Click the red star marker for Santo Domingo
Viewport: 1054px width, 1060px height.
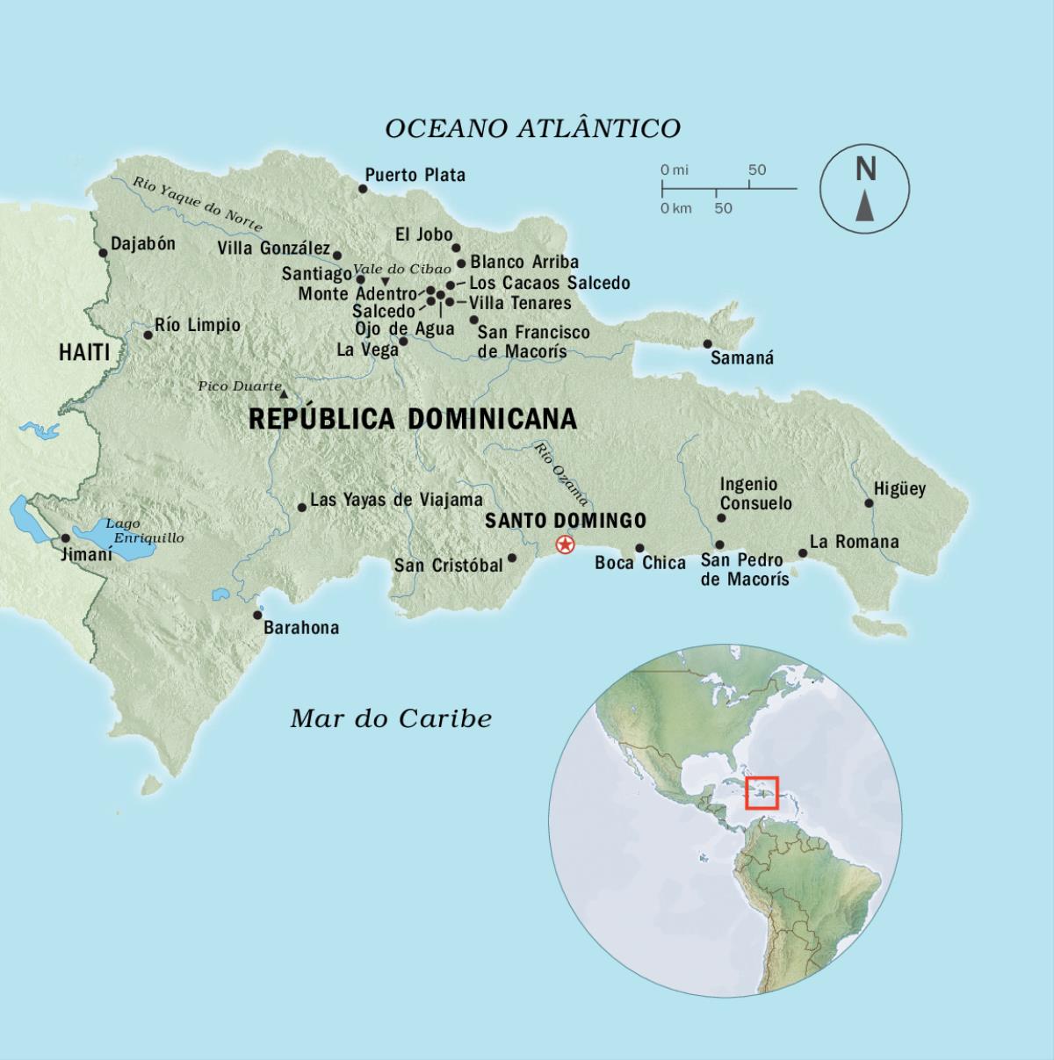click(x=565, y=545)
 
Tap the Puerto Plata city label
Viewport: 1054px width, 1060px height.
click(x=415, y=175)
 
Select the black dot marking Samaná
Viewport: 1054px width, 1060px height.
click(x=707, y=344)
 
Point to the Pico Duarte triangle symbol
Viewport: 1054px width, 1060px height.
click(x=283, y=395)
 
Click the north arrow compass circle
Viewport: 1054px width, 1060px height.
click(x=864, y=189)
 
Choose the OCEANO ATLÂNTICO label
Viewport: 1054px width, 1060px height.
click(x=532, y=128)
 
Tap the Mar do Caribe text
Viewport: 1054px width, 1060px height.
click(x=391, y=718)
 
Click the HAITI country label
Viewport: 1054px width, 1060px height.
click(x=84, y=353)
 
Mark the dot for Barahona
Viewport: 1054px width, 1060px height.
click(x=257, y=616)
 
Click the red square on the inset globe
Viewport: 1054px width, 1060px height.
click(x=762, y=792)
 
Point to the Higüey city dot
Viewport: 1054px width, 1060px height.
click(x=869, y=503)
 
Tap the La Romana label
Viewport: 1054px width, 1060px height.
click(x=854, y=542)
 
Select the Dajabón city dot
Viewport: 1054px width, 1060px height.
click(x=103, y=253)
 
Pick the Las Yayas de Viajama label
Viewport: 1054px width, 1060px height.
click(x=396, y=500)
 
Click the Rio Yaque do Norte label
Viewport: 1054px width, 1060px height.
click(x=198, y=204)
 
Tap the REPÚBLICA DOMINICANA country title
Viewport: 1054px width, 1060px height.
click(x=413, y=419)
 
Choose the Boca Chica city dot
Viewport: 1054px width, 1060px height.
click(x=639, y=548)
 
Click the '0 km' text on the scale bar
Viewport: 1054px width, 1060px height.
click(x=676, y=208)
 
